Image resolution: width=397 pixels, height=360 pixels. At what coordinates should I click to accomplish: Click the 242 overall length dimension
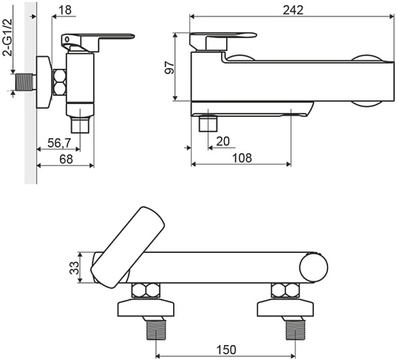click(293, 10)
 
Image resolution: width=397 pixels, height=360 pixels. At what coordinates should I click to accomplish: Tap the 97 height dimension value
click(169, 67)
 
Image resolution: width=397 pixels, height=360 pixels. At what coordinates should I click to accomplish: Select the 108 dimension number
click(242, 158)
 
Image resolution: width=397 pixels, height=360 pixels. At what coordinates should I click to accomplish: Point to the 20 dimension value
click(222, 141)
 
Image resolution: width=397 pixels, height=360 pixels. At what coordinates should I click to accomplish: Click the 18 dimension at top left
click(65, 10)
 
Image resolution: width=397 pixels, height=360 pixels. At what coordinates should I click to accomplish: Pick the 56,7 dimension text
click(59, 144)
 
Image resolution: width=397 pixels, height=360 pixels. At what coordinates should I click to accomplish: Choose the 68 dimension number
click(66, 159)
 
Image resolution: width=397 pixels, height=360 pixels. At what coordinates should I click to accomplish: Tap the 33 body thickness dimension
click(74, 268)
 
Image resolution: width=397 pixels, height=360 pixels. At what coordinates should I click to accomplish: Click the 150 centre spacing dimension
click(226, 350)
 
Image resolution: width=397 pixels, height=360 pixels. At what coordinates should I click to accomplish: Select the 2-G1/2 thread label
click(7, 37)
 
